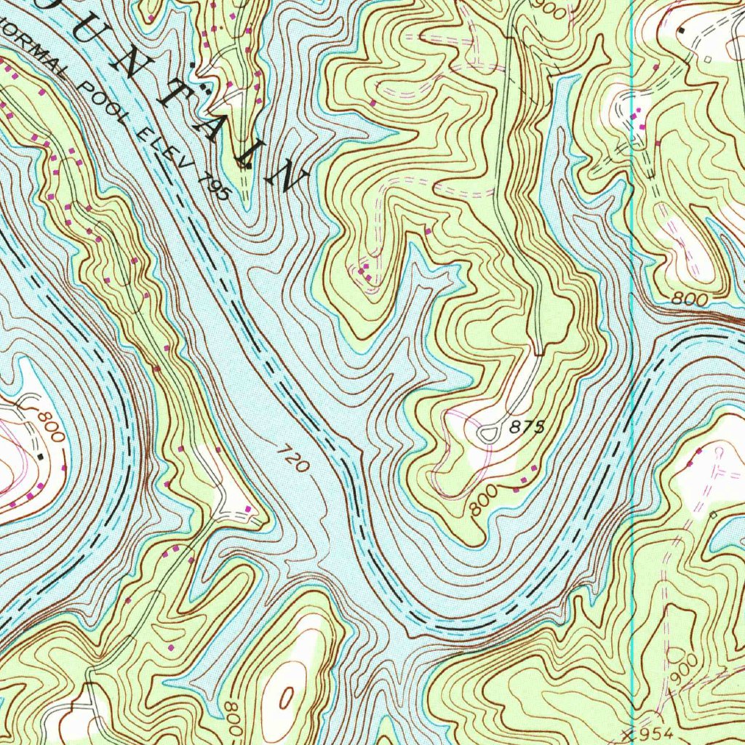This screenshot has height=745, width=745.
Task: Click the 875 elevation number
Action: pos(527,428)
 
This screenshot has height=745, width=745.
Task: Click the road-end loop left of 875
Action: pos(487,434)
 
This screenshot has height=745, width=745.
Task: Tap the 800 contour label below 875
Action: pos(484,501)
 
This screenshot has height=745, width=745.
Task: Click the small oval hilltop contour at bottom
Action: pos(286,699)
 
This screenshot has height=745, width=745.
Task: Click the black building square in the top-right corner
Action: pos(681,31)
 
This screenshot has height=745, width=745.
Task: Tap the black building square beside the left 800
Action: pos(41,457)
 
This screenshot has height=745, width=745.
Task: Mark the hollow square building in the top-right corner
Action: pos(707,59)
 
